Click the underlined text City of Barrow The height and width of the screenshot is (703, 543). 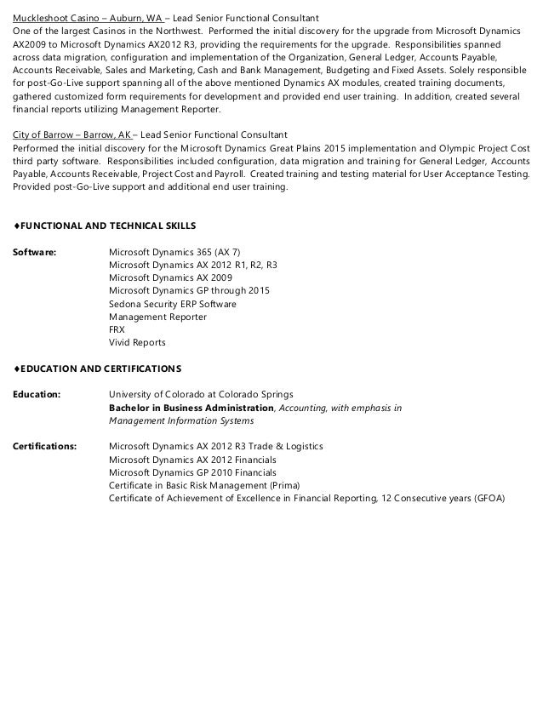[43, 135]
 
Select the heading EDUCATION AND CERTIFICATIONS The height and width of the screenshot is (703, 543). [99, 369]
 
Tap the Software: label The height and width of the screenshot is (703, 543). [32, 252]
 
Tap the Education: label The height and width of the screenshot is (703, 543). [36, 395]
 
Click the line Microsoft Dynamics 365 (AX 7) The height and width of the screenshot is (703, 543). [174, 252]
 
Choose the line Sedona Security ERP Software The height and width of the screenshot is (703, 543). [173, 304]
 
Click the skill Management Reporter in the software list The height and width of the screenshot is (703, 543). [157, 317]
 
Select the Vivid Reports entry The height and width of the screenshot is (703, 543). [137, 342]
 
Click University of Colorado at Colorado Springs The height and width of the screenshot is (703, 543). [201, 395]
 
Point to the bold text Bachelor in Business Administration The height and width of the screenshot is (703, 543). [191, 408]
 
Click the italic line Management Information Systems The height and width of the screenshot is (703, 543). [181, 420]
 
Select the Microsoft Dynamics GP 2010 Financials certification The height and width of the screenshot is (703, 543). [192, 472]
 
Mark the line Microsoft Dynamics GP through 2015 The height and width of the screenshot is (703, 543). [189, 290]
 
